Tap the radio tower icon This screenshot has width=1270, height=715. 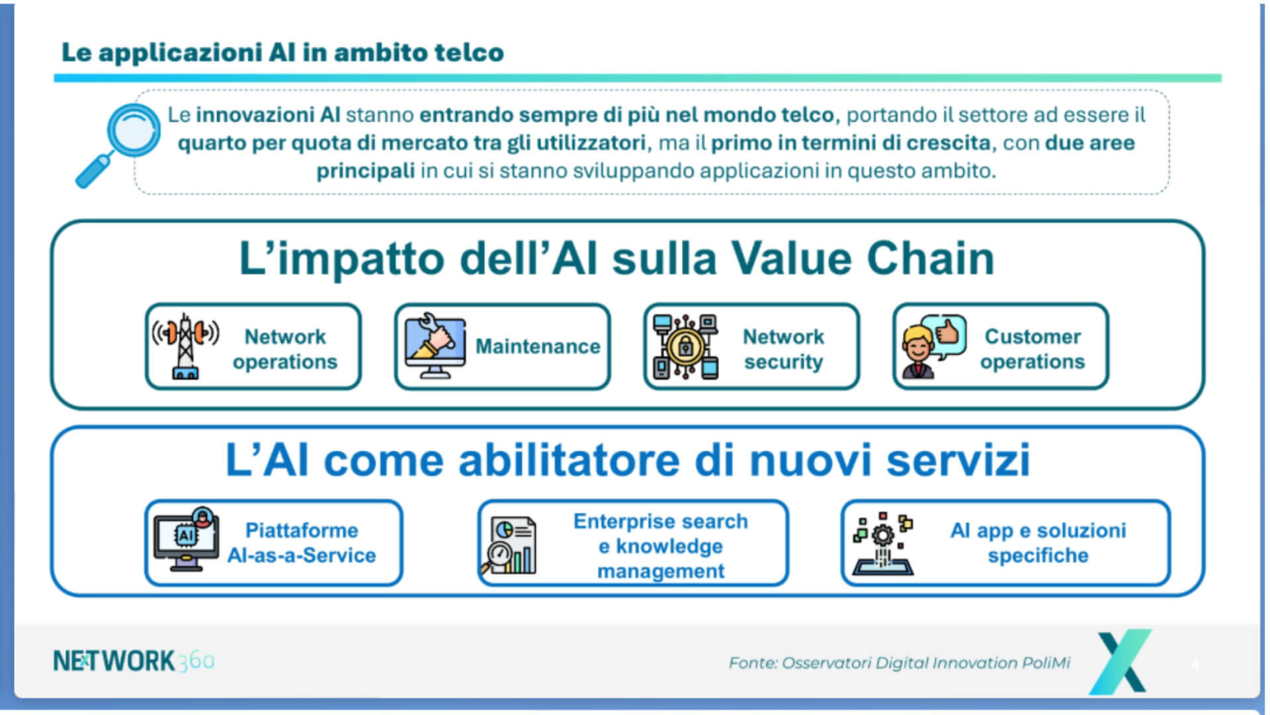click(x=185, y=346)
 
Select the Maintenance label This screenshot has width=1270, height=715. click(x=538, y=346)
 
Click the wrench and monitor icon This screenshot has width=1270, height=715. click(x=435, y=346)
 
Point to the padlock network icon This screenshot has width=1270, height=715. click(x=685, y=346)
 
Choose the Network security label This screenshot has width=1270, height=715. click(x=784, y=349)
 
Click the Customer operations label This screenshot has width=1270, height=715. click(x=1033, y=349)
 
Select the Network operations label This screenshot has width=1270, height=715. click(x=285, y=349)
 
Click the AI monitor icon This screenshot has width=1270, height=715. click(x=187, y=540)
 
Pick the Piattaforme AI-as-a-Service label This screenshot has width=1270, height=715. click(x=302, y=543)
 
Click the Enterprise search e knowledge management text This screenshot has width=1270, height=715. click(x=661, y=546)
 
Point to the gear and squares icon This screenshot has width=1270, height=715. click(x=883, y=544)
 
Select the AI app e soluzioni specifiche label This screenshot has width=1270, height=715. click(x=1038, y=543)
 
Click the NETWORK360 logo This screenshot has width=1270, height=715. click(x=134, y=661)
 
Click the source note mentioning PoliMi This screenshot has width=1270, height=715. click(x=900, y=663)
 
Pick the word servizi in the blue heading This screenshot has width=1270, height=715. click(x=958, y=459)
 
